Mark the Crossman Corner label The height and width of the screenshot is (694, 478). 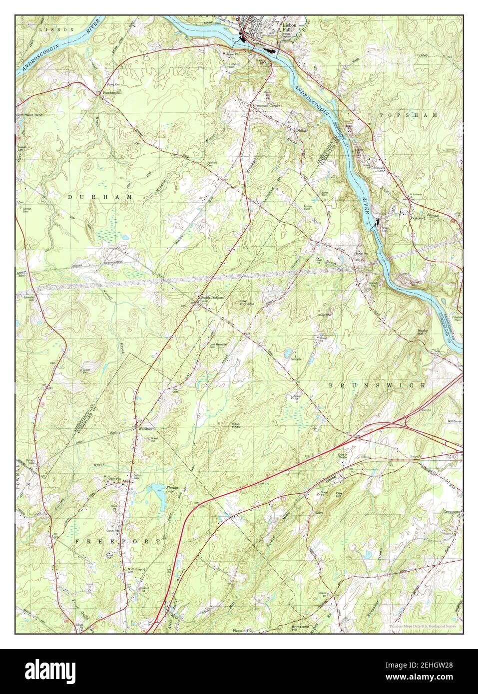266,106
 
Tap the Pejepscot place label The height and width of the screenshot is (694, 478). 417,218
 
